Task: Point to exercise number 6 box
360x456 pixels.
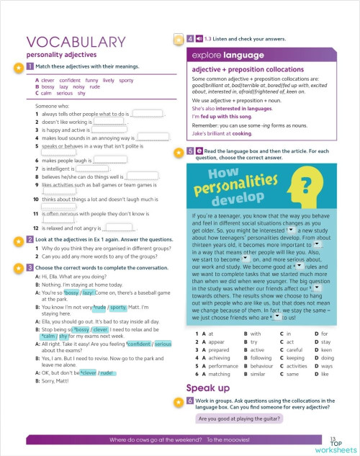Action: pos(189,400)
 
